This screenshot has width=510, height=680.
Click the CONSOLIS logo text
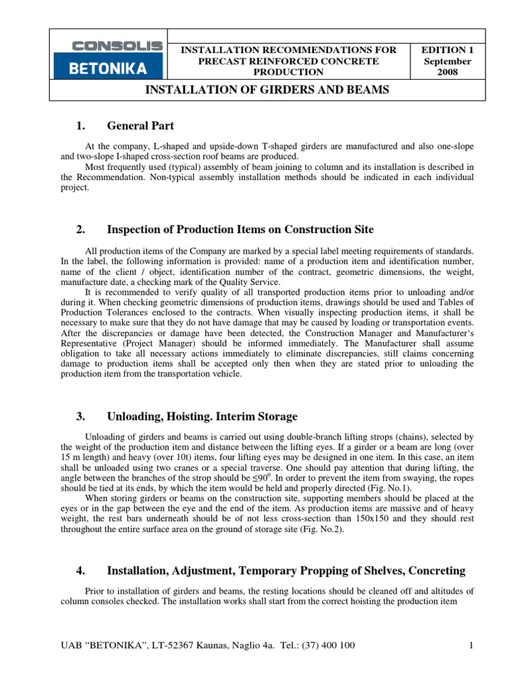[117, 46]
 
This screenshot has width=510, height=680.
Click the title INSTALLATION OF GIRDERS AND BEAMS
[267, 90]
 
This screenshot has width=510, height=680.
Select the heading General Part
[140, 126]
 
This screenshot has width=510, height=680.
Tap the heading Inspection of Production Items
[240, 230]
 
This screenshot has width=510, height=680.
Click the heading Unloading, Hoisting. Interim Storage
[202, 417]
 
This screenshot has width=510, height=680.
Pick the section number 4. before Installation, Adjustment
[81, 570]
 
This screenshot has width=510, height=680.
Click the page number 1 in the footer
[470, 645]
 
